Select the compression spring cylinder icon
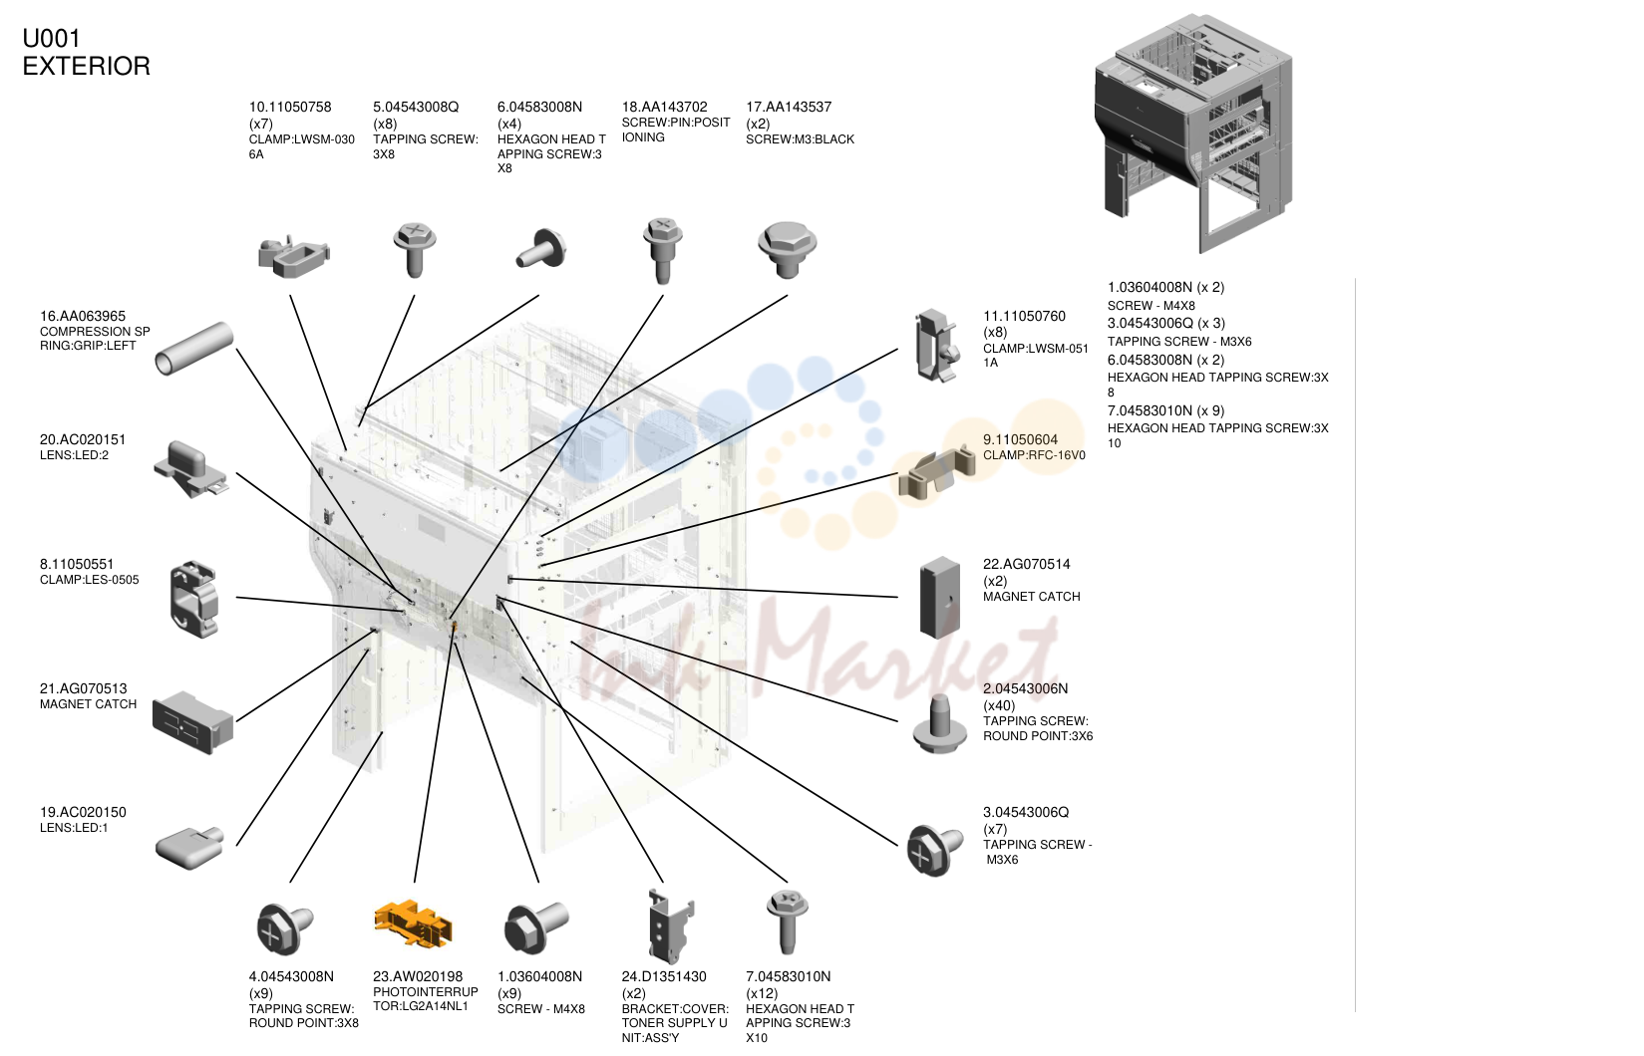(x=194, y=349)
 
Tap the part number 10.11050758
(x=290, y=107)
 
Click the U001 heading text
(x=52, y=38)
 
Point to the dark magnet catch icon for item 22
(x=939, y=597)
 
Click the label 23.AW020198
(x=418, y=976)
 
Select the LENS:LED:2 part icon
(x=190, y=468)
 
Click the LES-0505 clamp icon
(x=193, y=599)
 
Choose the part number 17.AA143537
(x=789, y=107)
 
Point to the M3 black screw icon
(x=787, y=249)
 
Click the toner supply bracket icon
(x=670, y=925)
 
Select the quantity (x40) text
(x=999, y=705)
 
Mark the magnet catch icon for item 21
(x=192, y=722)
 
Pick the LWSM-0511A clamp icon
(x=936, y=346)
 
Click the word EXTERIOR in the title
(x=87, y=66)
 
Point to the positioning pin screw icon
(x=662, y=250)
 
